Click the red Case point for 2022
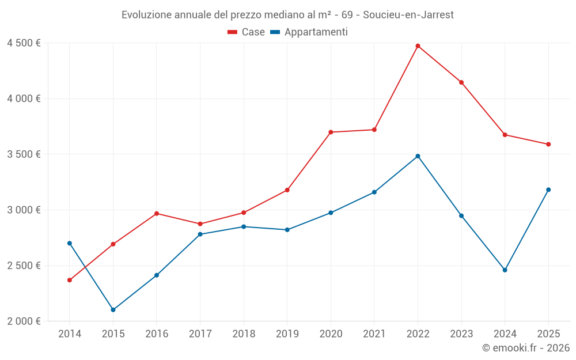click(x=418, y=46)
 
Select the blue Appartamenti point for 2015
click(x=113, y=310)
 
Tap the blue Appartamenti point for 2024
click(x=505, y=270)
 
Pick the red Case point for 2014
click(x=70, y=281)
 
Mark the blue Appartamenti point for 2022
click(x=418, y=156)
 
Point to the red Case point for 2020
click(x=331, y=132)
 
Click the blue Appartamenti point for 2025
click(x=548, y=190)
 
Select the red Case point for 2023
click(x=461, y=82)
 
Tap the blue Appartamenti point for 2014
click(x=70, y=243)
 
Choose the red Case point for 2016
click(x=157, y=214)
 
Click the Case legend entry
click(x=247, y=32)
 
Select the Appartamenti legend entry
click(x=309, y=32)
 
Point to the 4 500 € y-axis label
click(x=24, y=43)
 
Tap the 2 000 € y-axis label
click(x=24, y=321)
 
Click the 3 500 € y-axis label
click(x=24, y=154)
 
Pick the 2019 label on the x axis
click(x=287, y=334)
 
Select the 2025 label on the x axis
click(x=548, y=334)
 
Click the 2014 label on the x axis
click(x=70, y=334)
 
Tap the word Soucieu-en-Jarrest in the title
click(x=408, y=15)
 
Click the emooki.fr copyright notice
click(x=525, y=348)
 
